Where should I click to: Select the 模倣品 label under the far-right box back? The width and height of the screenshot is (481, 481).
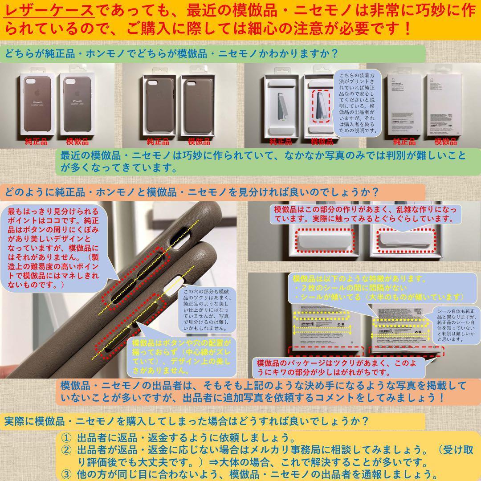coord(445,142)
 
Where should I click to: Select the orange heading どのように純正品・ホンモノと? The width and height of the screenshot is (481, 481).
coord(192,193)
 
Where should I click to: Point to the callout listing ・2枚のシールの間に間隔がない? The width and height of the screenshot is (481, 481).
coord(379,288)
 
